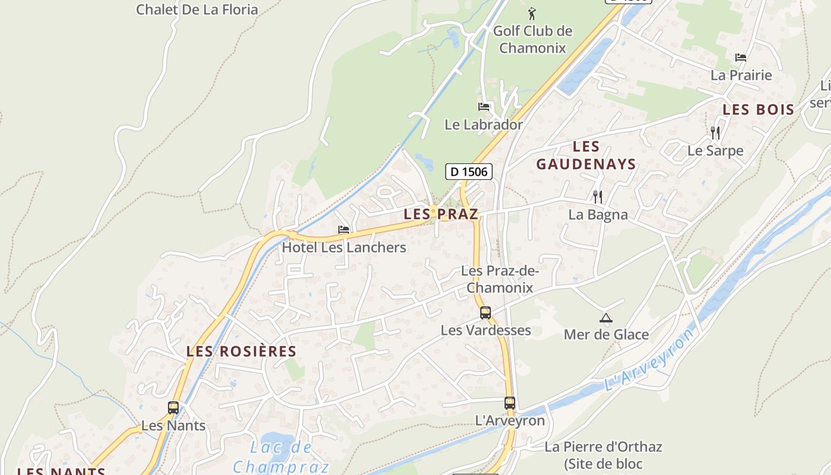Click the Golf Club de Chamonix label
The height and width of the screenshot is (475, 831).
tap(532, 39)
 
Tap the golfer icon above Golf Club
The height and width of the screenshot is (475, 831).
tap(532, 13)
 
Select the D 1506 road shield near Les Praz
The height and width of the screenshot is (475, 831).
tap(469, 172)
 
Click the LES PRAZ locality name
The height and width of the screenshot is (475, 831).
tap(440, 214)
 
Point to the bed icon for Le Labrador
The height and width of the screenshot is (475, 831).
tap(484, 107)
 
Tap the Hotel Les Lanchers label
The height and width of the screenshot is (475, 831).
tap(344, 248)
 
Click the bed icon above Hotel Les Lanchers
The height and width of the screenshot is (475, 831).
tap(344, 230)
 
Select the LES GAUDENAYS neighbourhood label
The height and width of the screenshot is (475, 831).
tap(586, 156)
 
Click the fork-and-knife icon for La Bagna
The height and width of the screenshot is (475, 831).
tap(598, 197)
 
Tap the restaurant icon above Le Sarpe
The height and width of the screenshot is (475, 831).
tap(715, 132)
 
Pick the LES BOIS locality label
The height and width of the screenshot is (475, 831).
tap(758, 109)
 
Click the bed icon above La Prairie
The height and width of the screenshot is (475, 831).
tap(741, 58)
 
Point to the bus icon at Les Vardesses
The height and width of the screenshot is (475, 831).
tap(486, 312)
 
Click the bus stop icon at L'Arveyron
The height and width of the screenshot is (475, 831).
tap(510, 403)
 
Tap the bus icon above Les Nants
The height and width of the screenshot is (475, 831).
tap(173, 408)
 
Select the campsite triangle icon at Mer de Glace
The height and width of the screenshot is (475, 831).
tap(605, 318)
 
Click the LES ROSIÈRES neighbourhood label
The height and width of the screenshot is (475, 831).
tap(241, 351)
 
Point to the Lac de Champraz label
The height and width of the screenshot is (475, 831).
tap(281, 457)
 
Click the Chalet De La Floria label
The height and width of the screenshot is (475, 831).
tap(197, 9)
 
